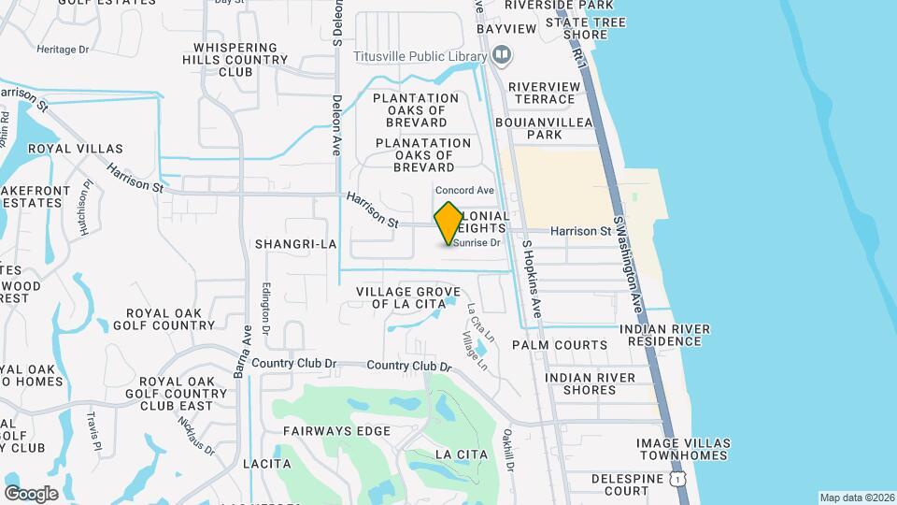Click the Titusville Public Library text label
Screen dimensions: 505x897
click(420, 55)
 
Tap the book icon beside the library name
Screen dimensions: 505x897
click(502, 55)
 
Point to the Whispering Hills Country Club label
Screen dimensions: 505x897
click(235, 59)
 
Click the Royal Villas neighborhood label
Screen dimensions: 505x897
click(64, 149)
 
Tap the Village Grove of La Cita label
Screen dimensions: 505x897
click(408, 297)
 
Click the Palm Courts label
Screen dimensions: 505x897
click(560, 345)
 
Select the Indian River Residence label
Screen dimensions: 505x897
click(664, 335)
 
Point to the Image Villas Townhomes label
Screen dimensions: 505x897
click(681, 449)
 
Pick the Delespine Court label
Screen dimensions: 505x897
click(633, 484)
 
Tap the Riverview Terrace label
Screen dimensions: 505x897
click(544, 93)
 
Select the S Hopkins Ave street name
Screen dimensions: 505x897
click(532, 278)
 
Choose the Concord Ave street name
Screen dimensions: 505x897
click(463, 191)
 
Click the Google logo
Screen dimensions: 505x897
click(31, 493)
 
